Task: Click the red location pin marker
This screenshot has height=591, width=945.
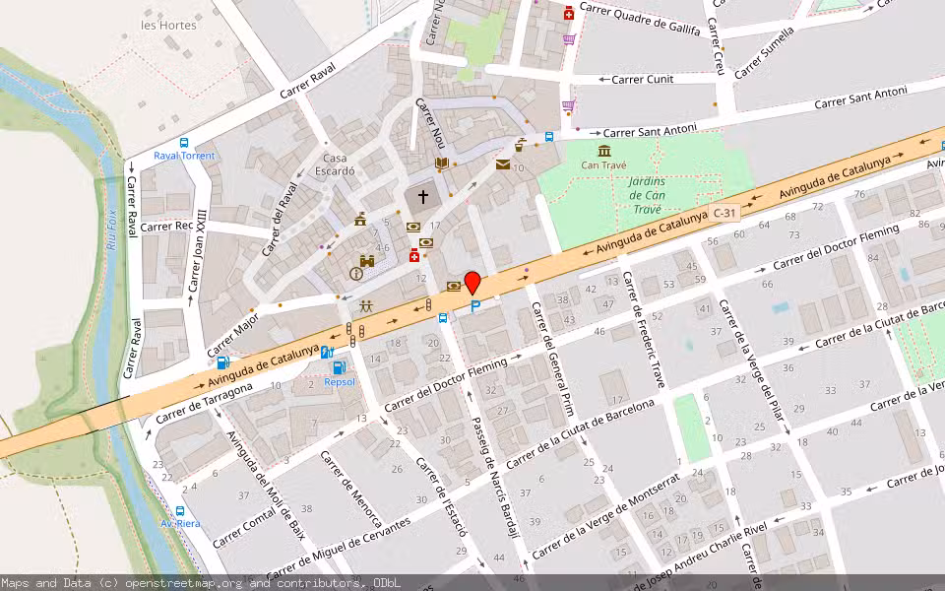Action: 472,283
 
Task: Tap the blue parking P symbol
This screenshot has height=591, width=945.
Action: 475,307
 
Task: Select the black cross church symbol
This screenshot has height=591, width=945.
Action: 424,197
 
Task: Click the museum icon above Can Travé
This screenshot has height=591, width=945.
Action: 603,150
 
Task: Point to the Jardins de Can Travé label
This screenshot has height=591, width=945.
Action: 647,195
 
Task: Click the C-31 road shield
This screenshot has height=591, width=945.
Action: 724,213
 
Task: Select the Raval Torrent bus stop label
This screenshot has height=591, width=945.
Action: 184,156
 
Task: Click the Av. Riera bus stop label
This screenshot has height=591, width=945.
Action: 180,523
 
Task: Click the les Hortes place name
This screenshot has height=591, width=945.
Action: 168,25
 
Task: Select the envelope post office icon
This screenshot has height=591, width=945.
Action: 503,164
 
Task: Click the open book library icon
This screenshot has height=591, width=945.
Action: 442,164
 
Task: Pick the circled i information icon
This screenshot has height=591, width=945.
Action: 355,274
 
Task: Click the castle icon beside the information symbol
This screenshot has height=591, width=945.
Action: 368,262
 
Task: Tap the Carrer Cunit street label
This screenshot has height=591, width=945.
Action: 642,79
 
